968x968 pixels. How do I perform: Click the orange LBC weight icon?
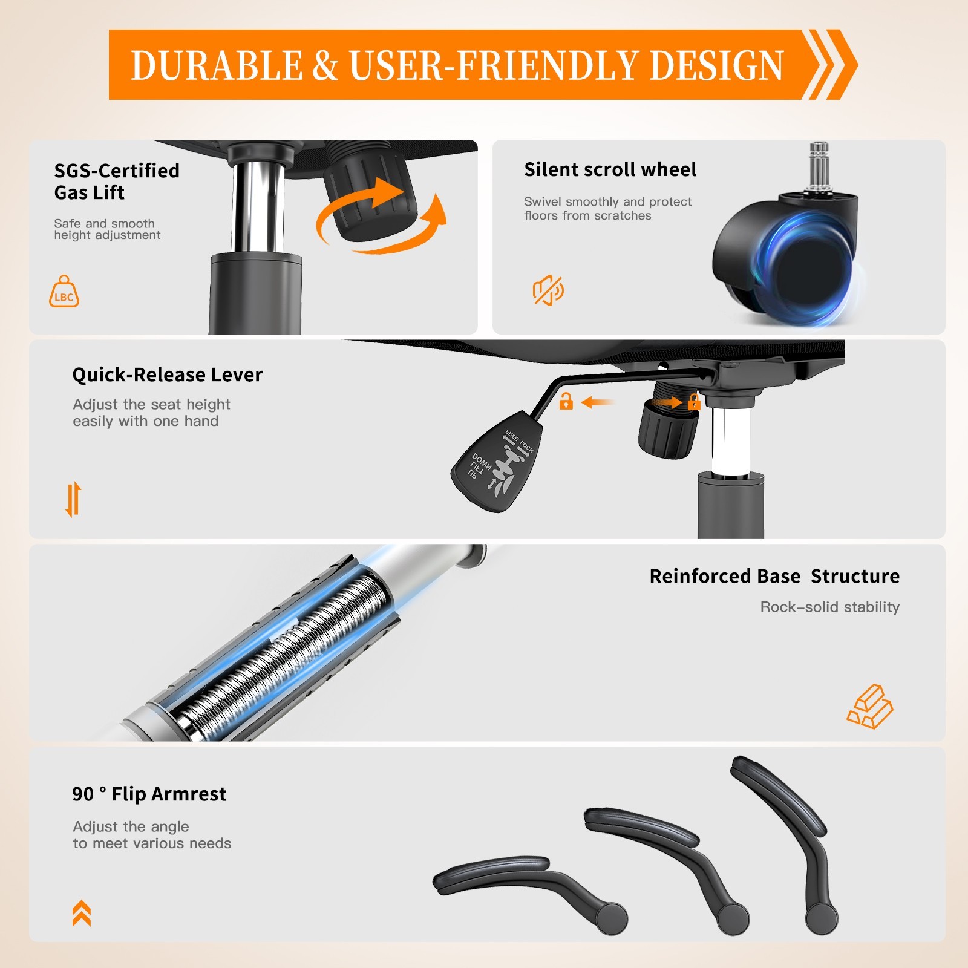(64, 292)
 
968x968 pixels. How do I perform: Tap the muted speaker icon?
(548, 290)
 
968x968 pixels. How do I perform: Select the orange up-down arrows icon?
(73, 499)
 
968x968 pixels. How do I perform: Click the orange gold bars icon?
(870, 706)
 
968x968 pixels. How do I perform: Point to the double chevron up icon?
(82, 913)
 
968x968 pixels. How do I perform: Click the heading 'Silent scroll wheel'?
(610, 169)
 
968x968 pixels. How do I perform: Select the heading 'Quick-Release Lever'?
(168, 374)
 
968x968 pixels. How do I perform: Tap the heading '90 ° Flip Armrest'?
(149, 794)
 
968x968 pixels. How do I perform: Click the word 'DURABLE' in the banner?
(217, 65)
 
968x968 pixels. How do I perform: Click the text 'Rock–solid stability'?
(829, 607)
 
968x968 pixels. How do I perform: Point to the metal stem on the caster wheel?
(819, 167)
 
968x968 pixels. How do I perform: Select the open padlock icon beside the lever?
(566, 401)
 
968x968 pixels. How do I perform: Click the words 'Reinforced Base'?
(725, 576)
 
